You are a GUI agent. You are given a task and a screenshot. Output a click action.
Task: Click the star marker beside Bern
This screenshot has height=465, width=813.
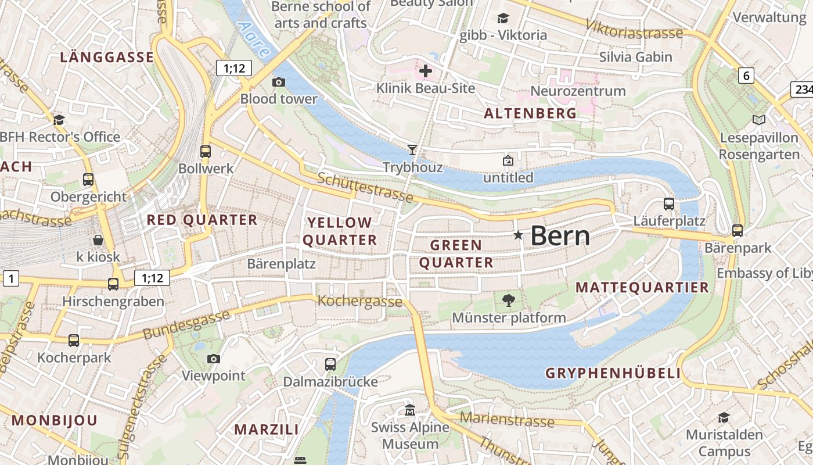(x=518, y=235)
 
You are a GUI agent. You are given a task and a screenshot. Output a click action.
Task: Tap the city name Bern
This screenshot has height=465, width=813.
(x=560, y=236)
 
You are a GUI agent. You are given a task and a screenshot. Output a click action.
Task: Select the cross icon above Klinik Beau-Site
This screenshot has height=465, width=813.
(x=426, y=71)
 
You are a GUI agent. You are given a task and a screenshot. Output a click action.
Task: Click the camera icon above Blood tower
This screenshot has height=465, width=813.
(x=279, y=82)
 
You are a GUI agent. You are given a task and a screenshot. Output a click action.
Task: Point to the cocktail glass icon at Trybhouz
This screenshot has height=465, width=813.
(x=412, y=150)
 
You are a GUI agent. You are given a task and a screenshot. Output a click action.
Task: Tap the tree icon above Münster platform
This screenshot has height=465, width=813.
(x=509, y=301)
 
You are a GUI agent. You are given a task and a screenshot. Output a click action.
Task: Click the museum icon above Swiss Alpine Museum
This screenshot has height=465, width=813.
(x=410, y=410)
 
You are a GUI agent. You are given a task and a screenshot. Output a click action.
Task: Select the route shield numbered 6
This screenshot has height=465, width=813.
(x=747, y=75)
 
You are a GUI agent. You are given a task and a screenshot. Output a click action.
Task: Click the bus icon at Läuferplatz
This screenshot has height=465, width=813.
(x=669, y=203)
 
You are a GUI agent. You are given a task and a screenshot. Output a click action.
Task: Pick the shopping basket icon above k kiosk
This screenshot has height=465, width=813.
(x=98, y=239)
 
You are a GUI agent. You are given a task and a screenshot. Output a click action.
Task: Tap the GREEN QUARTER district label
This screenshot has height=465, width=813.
(x=456, y=254)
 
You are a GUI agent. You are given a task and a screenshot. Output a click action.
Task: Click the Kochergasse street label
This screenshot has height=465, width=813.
(x=359, y=301)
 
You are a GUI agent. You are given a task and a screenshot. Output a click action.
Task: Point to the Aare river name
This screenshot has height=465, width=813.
(x=254, y=40)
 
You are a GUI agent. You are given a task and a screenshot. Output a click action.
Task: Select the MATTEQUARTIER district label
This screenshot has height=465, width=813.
(x=642, y=287)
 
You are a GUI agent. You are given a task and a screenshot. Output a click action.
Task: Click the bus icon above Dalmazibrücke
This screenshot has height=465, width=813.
(x=330, y=364)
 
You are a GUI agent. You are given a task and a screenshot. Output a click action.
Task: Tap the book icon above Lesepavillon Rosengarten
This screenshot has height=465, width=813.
(x=758, y=120)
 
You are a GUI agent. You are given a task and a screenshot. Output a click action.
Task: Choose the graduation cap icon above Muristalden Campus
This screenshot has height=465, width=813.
(x=724, y=417)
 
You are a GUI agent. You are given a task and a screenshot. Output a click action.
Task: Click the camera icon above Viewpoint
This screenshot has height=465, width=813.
(x=214, y=359)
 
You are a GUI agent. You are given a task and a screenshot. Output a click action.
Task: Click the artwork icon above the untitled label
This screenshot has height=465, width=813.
(x=508, y=160)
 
